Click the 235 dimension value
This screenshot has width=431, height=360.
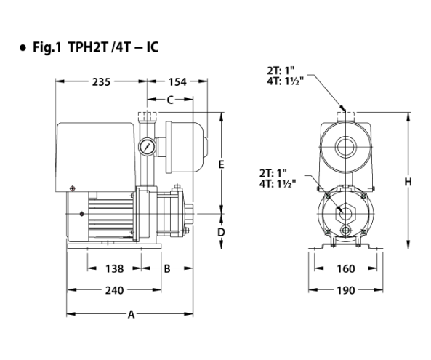(101, 81)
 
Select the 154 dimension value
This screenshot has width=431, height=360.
(177, 81)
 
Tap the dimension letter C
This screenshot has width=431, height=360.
(170, 100)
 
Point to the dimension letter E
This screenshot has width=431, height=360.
(221, 164)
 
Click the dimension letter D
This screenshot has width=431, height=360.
(221, 233)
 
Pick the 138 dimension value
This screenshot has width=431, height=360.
(115, 268)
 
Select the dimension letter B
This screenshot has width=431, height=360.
(167, 268)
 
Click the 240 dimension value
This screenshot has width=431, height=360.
(115, 290)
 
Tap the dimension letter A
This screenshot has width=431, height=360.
(132, 314)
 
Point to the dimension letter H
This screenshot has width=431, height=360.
(408, 182)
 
